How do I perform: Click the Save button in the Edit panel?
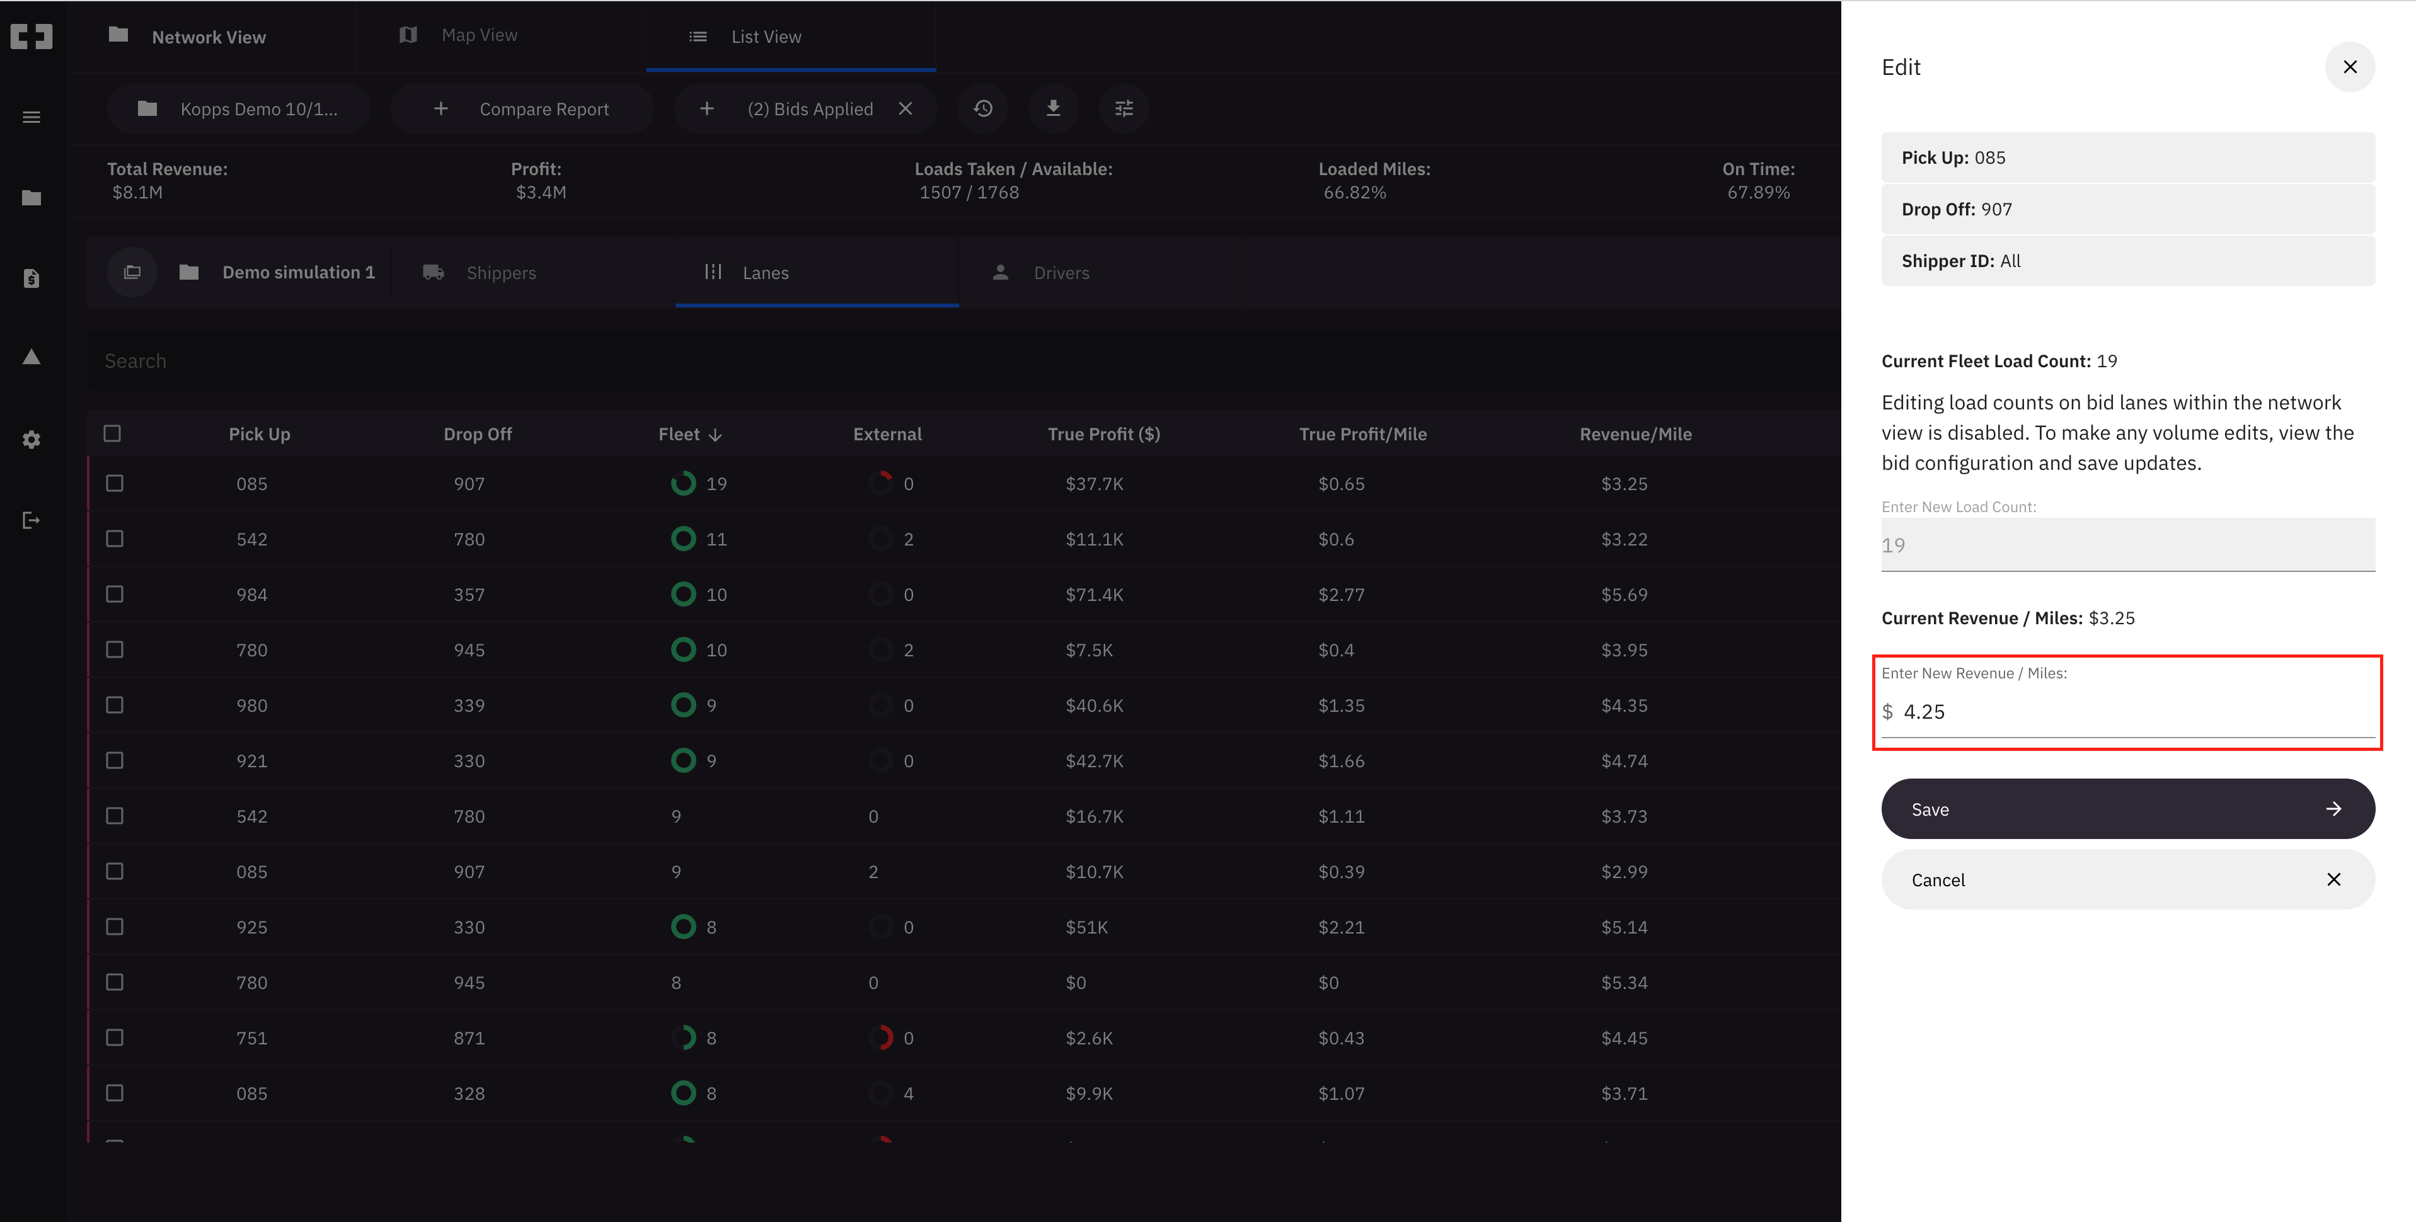[2127, 808]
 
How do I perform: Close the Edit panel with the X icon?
[2349, 67]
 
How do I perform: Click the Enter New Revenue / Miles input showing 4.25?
[2129, 712]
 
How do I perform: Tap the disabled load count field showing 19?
[2127, 545]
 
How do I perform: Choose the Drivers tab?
[1060, 273]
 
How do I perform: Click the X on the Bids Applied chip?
[905, 109]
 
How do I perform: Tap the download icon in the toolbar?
[1053, 109]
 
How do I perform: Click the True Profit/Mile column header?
[1362, 434]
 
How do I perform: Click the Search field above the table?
[938, 361]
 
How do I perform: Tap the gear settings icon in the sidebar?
[31, 440]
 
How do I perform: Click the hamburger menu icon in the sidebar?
[31, 117]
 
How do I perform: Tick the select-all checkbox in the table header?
[113, 433]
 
